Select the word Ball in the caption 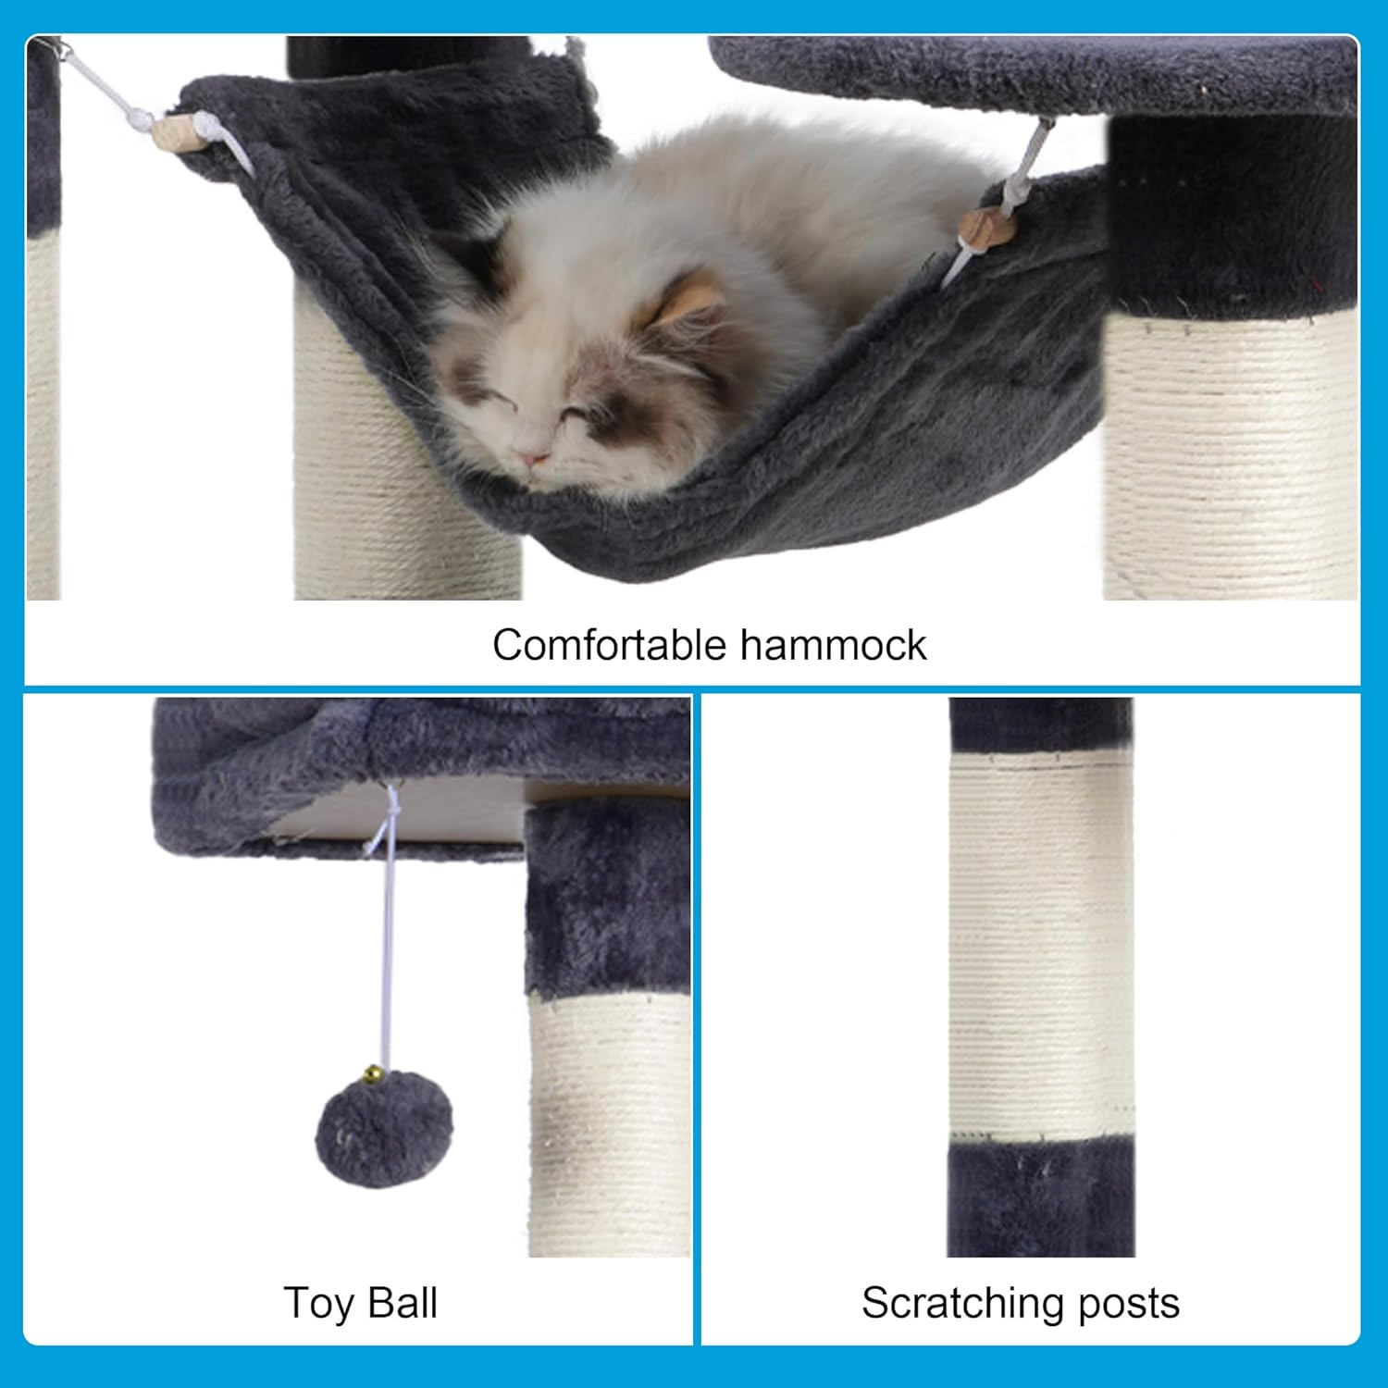coord(402,1303)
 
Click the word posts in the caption coord(1130,1303)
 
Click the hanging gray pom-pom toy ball coord(384,1130)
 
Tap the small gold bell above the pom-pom coord(372,1074)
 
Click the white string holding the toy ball coord(385,953)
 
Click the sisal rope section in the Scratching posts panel coord(1041,944)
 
